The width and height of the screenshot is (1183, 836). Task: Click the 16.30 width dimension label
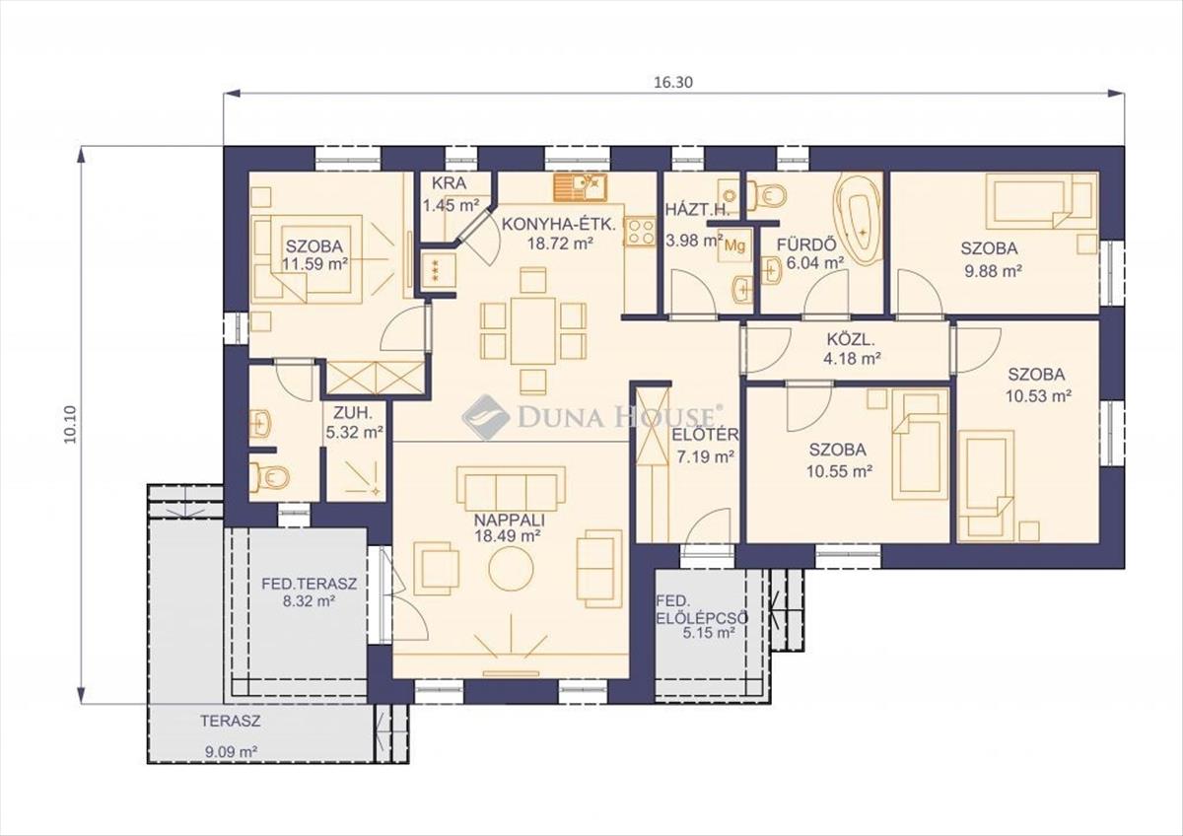[x=673, y=83]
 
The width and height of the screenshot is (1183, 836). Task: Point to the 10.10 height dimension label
[x=70, y=424]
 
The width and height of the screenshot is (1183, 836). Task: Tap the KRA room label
[x=449, y=183]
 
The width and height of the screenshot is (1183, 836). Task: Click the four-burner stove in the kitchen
[x=641, y=232]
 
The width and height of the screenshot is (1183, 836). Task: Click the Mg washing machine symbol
[x=734, y=244]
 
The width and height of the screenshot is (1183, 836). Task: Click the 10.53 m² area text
[x=1038, y=395]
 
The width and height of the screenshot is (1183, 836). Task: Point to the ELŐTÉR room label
[x=705, y=435]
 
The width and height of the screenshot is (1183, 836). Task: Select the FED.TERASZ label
[x=310, y=584]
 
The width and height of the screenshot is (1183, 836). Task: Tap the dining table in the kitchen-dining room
[x=533, y=331]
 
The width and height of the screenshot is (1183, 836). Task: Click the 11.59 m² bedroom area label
[x=314, y=264]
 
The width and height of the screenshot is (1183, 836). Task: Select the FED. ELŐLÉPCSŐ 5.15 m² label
[x=702, y=617]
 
